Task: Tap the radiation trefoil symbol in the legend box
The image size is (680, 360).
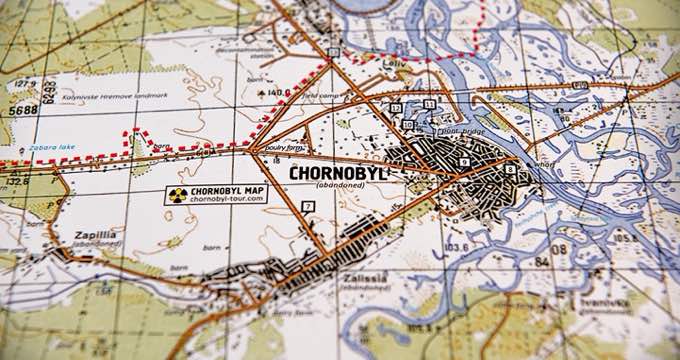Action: [x=178, y=195]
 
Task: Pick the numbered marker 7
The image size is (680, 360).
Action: [x=308, y=206]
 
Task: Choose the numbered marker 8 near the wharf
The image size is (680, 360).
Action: [x=510, y=170]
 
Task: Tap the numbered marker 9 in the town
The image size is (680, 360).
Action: [x=465, y=162]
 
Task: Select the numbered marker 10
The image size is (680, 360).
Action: [x=408, y=124]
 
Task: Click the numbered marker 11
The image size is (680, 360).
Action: [x=429, y=103]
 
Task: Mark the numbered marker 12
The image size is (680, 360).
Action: [x=396, y=107]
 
